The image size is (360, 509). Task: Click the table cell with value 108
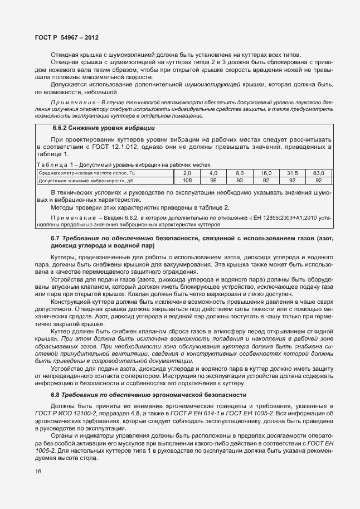coord(187,181)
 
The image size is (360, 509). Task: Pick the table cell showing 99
coord(213,181)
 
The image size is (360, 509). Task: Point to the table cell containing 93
coord(240,181)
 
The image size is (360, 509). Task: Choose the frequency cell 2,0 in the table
coord(187,173)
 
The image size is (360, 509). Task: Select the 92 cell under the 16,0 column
coord(266,181)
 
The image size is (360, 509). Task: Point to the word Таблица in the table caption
coord(52,165)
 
